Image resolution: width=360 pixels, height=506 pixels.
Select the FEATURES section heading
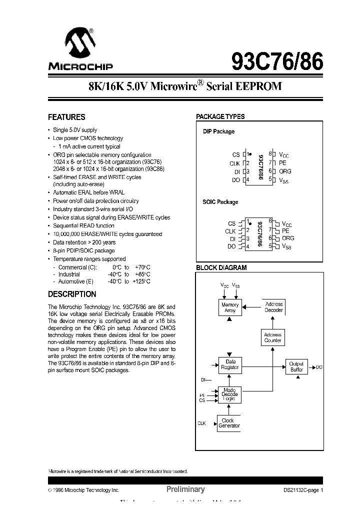(x=66, y=117)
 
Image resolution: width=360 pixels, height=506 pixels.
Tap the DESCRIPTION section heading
(x=72, y=294)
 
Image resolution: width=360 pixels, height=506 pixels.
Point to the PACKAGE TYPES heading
(x=220, y=116)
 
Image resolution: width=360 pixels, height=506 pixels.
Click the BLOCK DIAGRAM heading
(x=221, y=267)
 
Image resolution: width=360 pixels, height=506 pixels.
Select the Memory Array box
(x=230, y=307)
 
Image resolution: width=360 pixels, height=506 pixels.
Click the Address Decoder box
(x=273, y=307)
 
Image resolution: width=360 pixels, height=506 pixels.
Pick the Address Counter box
(x=272, y=337)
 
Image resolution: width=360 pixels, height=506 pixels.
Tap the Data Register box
(x=230, y=364)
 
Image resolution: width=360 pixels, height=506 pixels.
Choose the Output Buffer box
(x=296, y=367)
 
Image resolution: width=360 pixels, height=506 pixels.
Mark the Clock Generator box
(x=229, y=423)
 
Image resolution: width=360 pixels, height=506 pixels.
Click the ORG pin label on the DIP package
(x=285, y=171)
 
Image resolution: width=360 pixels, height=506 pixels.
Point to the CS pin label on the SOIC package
(x=231, y=223)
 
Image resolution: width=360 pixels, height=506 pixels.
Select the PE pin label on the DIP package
(x=282, y=162)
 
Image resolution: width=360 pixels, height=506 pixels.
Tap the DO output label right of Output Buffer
(x=319, y=367)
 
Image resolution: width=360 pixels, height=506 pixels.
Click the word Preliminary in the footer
(x=185, y=489)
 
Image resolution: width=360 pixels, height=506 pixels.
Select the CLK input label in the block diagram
(x=201, y=423)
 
